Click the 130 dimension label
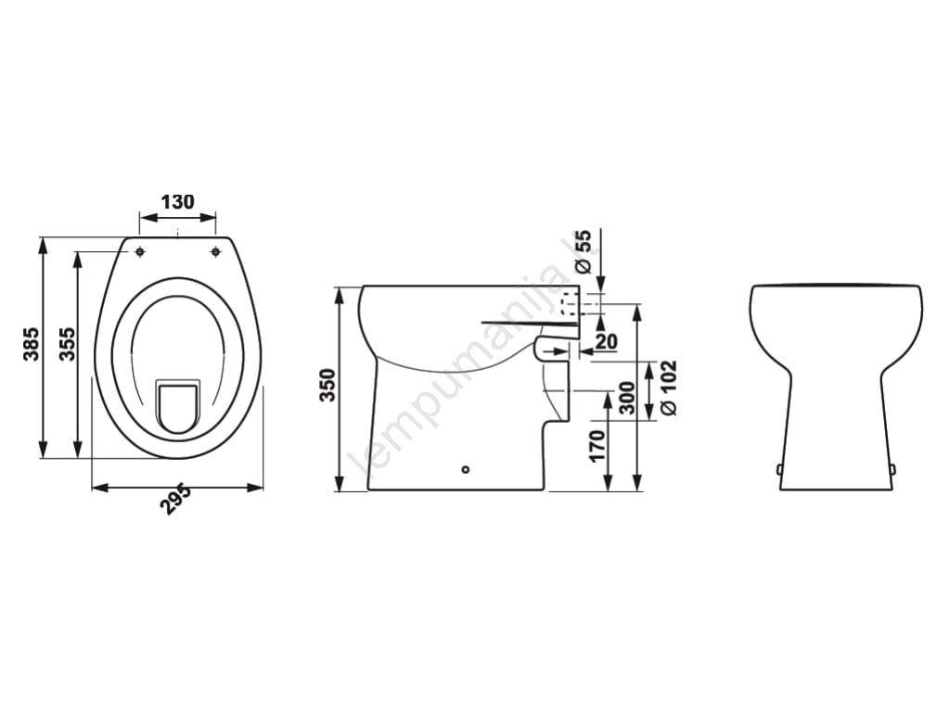177,201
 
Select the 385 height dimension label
32,344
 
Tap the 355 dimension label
67,344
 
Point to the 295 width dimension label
175,499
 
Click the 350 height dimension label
327,385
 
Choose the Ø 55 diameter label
582,250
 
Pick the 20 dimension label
606,341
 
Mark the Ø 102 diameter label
669,388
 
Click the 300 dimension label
628,398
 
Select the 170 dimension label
597,446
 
